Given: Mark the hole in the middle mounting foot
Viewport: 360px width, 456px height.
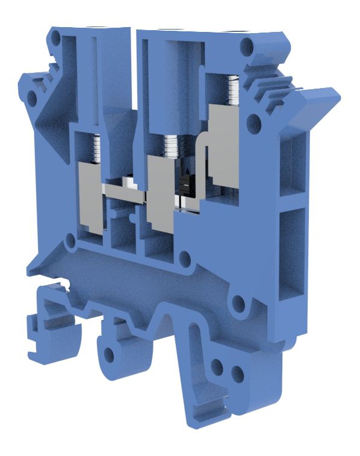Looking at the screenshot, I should [x=110, y=354].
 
